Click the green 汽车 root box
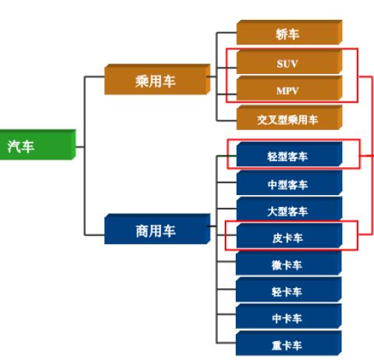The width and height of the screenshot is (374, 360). click(x=38, y=145)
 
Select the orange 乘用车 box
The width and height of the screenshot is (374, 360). click(x=157, y=79)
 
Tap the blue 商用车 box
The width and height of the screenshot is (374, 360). click(x=157, y=229)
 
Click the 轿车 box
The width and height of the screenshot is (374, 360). click(x=289, y=33)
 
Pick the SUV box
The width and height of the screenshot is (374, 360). click(x=289, y=62)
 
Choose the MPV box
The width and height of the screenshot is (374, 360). click(x=289, y=88)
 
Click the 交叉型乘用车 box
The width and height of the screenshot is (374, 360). click(x=289, y=118)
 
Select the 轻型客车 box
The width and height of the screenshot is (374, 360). click(x=289, y=154)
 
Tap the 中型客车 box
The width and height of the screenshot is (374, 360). click(x=289, y=183)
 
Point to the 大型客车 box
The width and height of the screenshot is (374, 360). click(x=289, y=209)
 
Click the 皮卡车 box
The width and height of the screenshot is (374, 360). click(x=289, y=236)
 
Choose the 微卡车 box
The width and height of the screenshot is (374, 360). click(x=289, y=263)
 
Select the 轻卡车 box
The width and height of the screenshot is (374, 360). click(x=289, y=290)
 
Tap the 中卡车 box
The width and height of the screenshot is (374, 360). click(x=289, y=316)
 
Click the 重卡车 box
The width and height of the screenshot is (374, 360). click(x=289, y=343)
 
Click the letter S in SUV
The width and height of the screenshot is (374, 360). click(x=280, y=64)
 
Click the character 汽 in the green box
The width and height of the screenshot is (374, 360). click(x=14, y=146)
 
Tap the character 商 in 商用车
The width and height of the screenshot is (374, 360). click(x=143, y=231)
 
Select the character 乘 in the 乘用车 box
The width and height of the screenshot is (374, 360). click(x=142, y=81)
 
